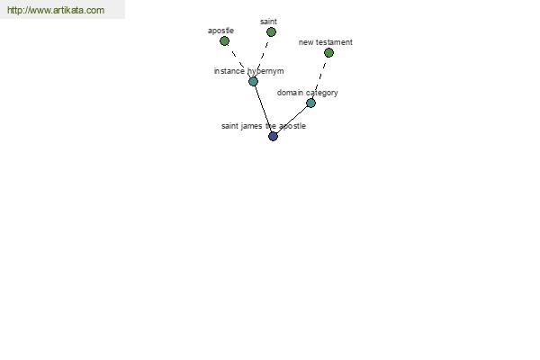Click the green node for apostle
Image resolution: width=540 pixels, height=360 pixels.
[224, 41]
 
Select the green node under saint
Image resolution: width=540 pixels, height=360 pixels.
[272, 32]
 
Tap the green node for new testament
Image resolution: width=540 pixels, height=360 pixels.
[328, 53]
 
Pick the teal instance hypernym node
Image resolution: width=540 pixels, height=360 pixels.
[253, 82]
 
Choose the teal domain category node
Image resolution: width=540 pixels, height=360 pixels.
[310, 103]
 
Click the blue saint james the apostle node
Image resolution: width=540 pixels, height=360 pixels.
[273, 137]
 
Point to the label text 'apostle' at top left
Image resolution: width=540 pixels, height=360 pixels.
[220, 31]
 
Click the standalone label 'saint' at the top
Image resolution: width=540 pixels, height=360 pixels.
[268, 22]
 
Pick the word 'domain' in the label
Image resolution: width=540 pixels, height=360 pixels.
[290, 93]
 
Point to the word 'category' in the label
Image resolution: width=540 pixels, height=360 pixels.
[322, 93]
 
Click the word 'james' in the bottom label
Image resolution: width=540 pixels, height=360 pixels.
[251, 126]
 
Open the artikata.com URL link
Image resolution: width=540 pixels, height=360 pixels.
[56, 10]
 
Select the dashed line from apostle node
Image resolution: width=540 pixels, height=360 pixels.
[238, 60]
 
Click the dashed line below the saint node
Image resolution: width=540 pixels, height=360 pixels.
[263, 56]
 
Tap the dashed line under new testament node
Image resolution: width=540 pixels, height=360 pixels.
[319, 78]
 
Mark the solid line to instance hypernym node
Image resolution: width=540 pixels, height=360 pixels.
[263, 109]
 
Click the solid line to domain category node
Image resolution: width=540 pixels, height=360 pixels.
[292, 120]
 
